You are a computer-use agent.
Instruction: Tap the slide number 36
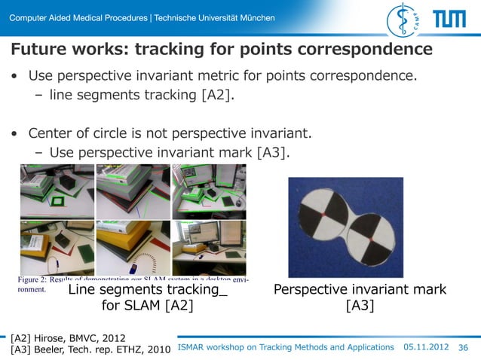(464, 347)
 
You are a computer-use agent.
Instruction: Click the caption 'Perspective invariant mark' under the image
(360, 290)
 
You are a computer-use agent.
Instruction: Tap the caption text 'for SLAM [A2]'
(148, 306)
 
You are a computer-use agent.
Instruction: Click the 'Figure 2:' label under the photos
(35, 280)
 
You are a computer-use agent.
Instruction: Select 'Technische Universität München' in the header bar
(214, 18)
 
